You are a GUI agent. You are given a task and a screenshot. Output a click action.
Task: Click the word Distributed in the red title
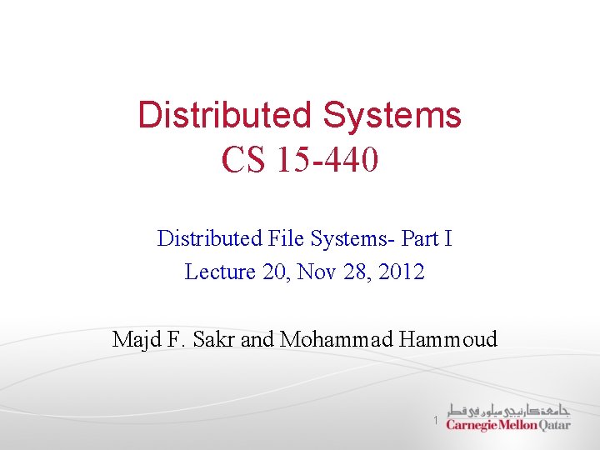click(x=225, y=115)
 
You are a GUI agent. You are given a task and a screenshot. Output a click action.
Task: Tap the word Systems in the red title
click(x=392, y=115)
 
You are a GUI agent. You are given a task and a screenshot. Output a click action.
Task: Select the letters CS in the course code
click(x=243, y=159)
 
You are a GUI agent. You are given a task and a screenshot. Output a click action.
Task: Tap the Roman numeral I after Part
click(x=448, y=239)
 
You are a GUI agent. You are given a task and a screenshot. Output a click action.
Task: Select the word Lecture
click(x=217, y=272)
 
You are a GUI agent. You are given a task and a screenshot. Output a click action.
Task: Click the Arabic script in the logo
click(x=509, y=409)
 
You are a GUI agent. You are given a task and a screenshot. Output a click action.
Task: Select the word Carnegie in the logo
click(x=472, y=425)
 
